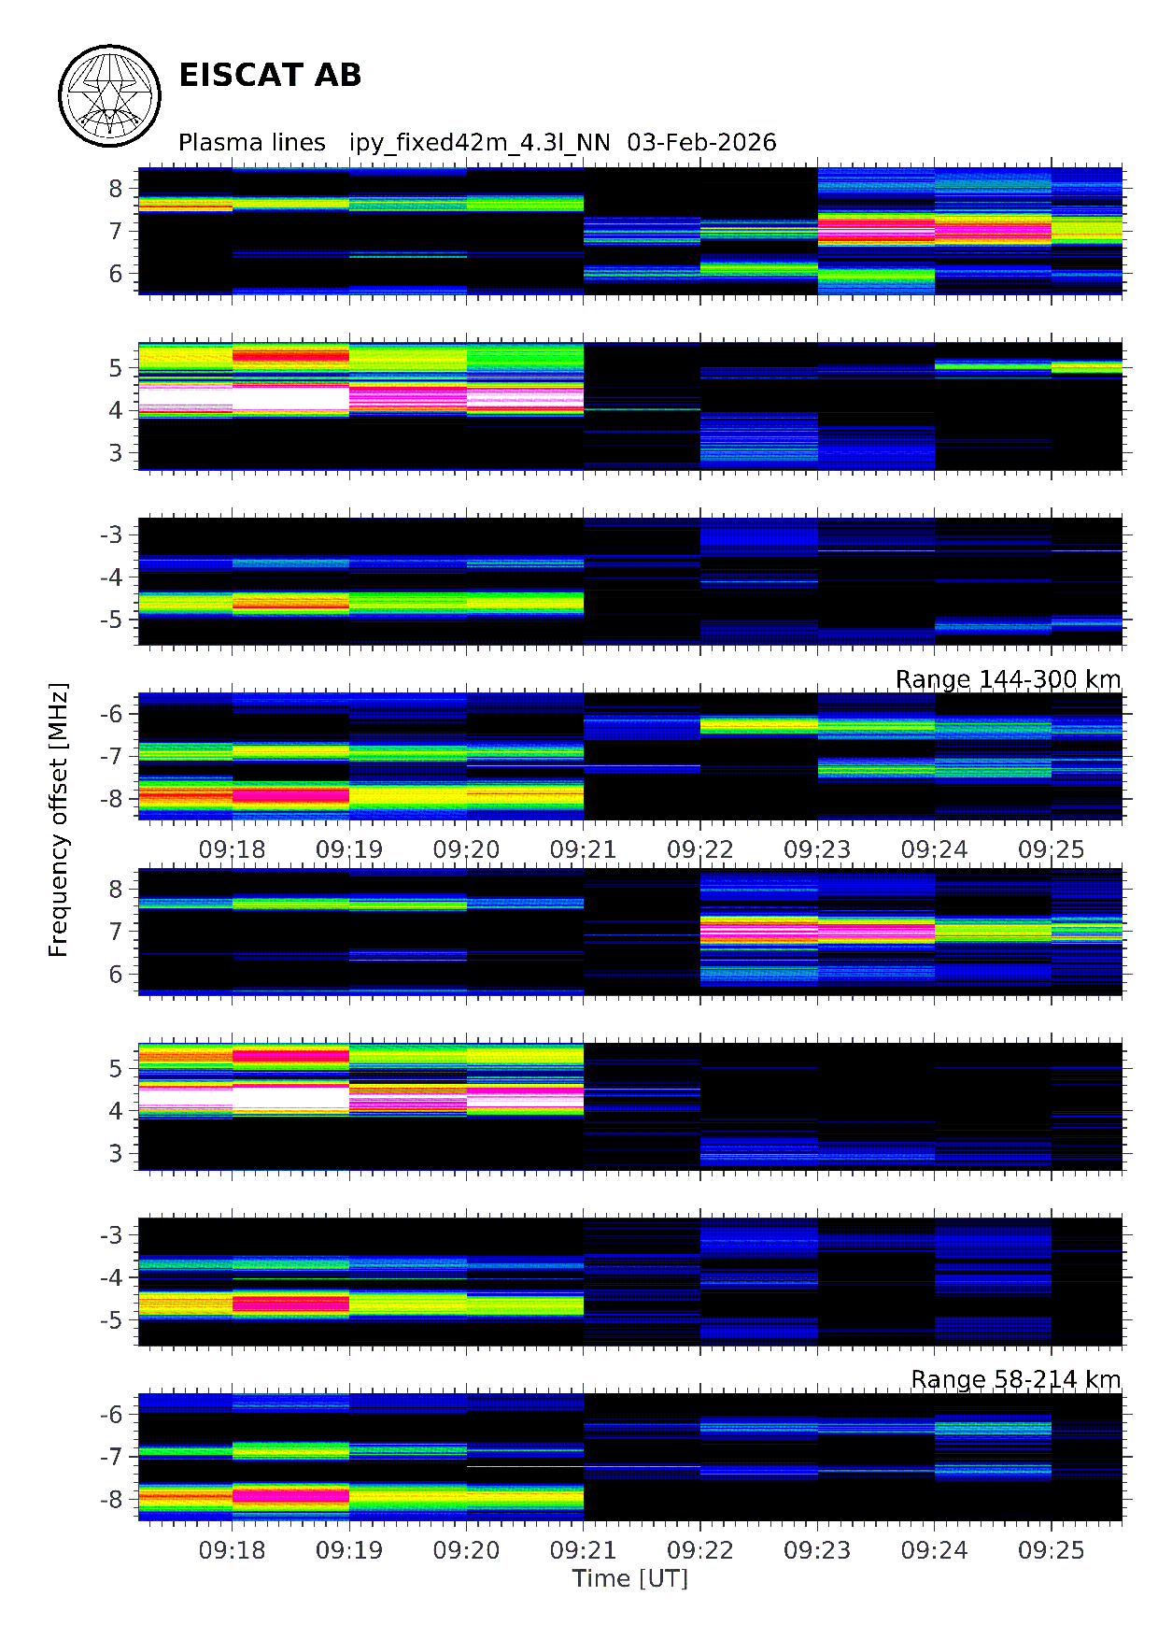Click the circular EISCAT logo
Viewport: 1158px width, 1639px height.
coord(110,95)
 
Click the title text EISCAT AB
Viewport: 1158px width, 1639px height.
coord(269,76)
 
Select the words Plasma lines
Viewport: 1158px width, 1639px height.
coord(251,142)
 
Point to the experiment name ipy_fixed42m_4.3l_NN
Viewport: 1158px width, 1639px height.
coord(479,142)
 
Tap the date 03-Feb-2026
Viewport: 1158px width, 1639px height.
coord(701,142)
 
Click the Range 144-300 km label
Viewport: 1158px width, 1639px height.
coord(1008,679)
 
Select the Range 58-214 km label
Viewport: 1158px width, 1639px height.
coord(1015,1379)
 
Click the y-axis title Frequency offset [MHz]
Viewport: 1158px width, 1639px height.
coord(59,820)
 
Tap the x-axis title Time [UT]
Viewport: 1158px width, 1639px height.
coord(629,1578)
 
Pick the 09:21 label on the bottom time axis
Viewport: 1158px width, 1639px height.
coord(583,1550)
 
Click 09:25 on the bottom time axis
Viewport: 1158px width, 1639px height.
coord(1051,1550)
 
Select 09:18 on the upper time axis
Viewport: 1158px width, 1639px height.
coord(232,849)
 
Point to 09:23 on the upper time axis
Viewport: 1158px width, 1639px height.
coord(817,849)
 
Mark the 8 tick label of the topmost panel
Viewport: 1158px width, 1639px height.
coord(115,189)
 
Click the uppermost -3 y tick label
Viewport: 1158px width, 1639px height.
coord(111,534)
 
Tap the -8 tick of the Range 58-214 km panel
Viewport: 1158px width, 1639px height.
coord(111,1500)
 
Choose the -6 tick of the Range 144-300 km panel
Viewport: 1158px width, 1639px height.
coord(111,714)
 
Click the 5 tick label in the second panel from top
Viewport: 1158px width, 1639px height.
coord(115,368)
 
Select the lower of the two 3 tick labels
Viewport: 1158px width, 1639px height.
coord(115,1153)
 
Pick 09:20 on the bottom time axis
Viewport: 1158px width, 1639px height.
coord(466,1550)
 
